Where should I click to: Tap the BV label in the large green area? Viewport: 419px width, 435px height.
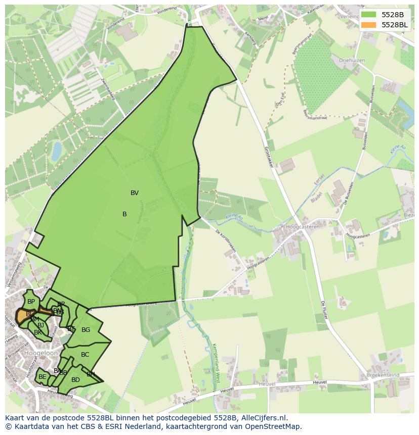point(135,193)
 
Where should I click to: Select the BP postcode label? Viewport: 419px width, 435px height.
point(31,302)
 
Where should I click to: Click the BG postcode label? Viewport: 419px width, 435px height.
point(86,330)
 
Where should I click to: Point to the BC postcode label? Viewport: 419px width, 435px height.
point(85,355)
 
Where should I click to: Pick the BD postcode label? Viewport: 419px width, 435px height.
point(75,380)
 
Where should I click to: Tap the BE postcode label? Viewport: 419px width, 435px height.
point(43,377)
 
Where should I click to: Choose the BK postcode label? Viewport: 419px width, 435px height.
point(38,332)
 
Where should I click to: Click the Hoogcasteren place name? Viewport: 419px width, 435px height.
point(303,227)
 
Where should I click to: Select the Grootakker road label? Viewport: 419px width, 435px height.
point(271,158)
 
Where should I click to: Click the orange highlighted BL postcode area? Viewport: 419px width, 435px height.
point(22,316)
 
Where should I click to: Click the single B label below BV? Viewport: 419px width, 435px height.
point(124,214)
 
